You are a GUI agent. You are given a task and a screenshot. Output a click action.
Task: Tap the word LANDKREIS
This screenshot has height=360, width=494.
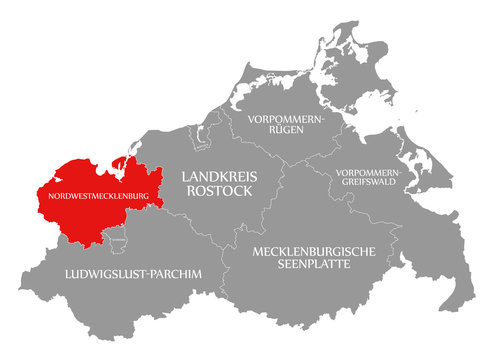point(216,176)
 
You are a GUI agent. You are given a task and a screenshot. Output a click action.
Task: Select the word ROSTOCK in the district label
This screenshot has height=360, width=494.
point(216,192)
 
